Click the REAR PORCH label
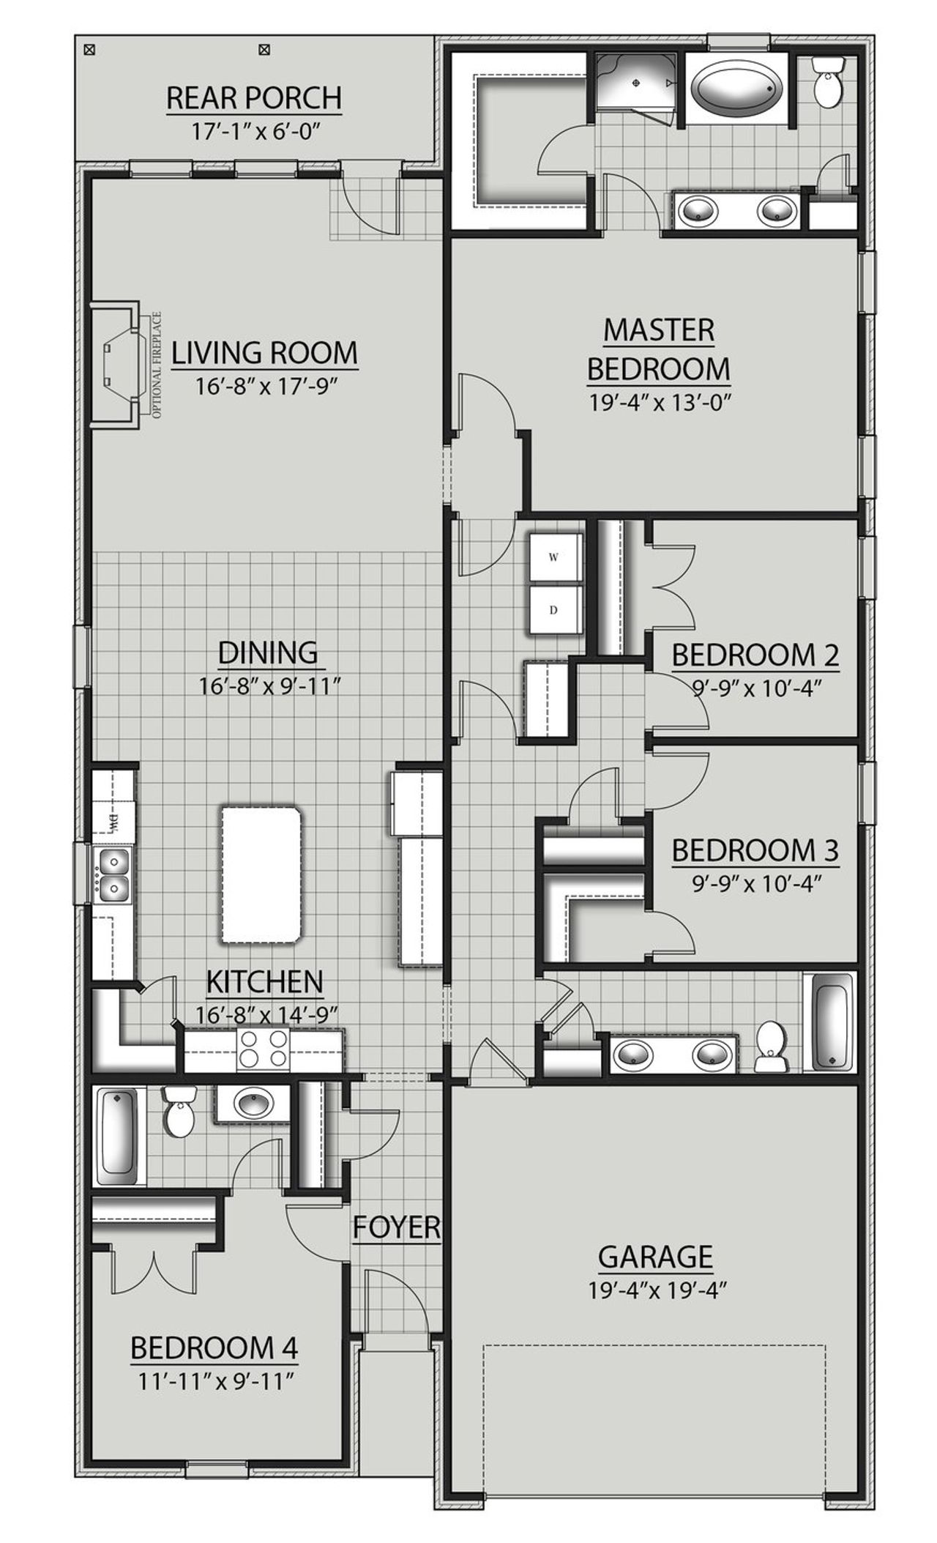click(253, 97)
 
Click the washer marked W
click(554, 557)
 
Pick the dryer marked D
click(554, 609)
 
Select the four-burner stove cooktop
click(264, 1051)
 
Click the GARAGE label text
click(655, 1257)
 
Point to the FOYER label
click(397, 1227)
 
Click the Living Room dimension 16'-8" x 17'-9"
click(265, 386)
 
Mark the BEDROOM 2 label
click(755, 655)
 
